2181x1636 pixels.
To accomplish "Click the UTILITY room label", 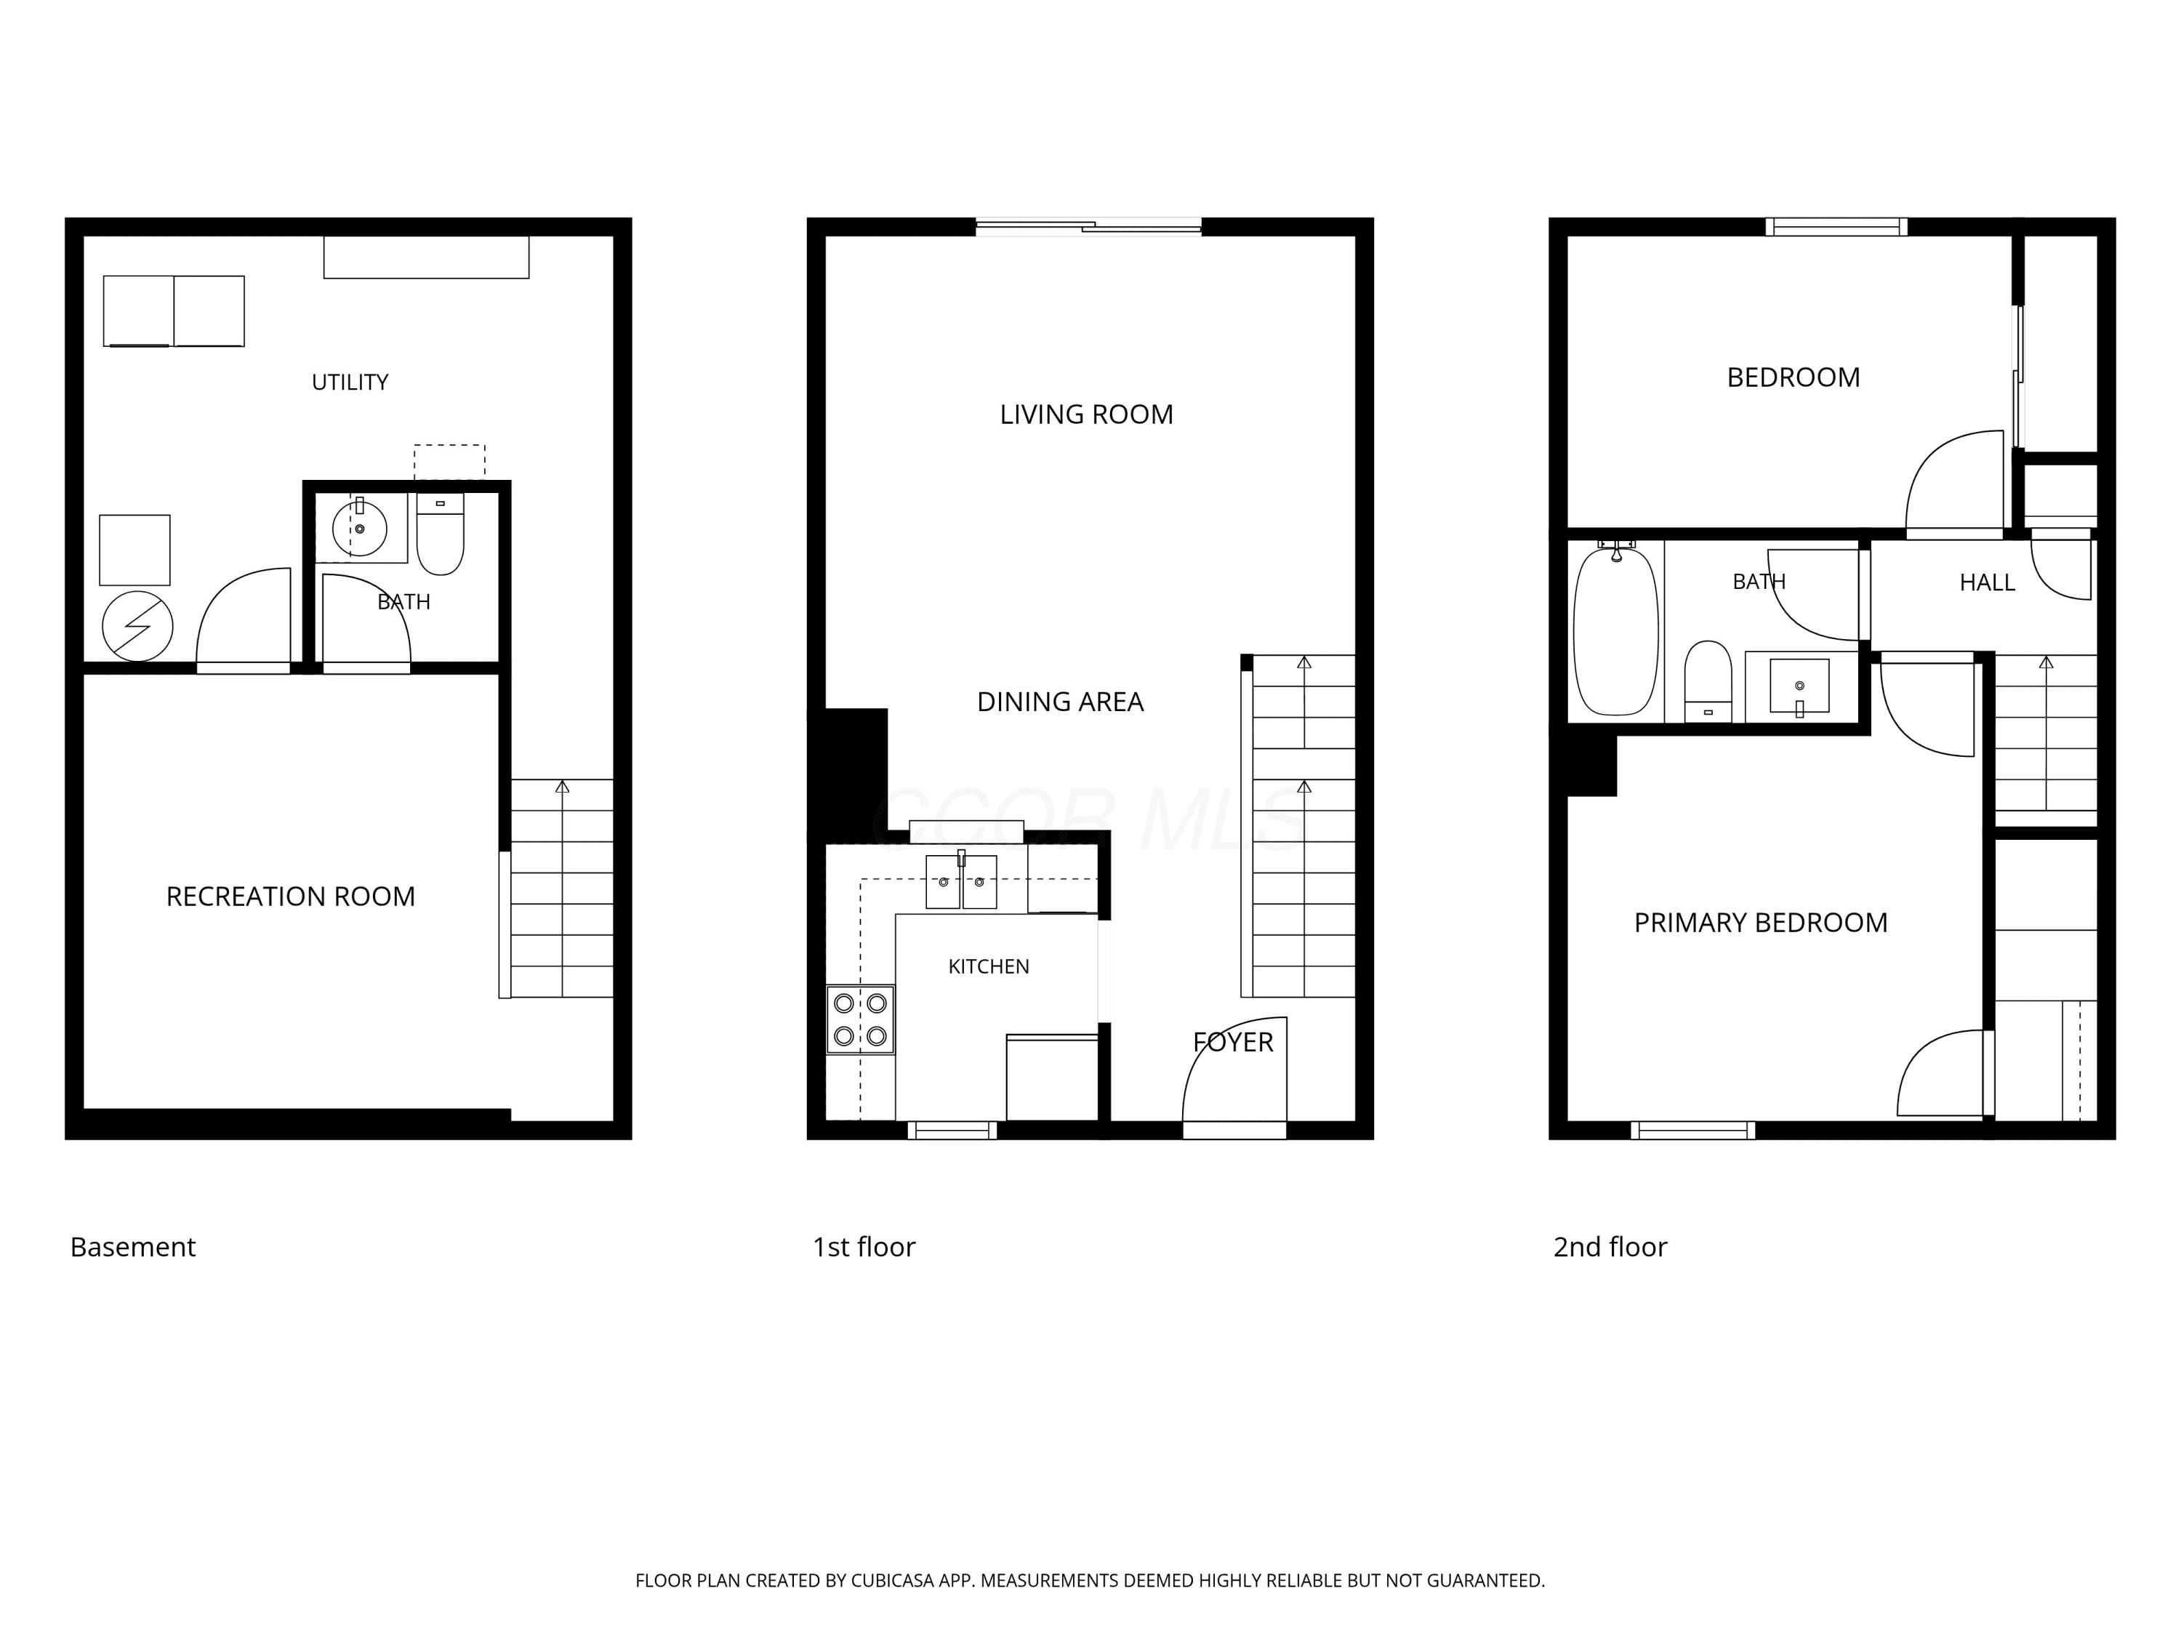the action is (350, 382).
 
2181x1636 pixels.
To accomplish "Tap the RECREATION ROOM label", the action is (291, 897).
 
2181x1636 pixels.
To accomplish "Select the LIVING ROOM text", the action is (1087, 414).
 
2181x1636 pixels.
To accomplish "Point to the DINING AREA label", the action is (1060, 702).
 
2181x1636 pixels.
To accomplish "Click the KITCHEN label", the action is (989, 966).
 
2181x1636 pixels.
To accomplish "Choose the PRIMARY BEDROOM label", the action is (1761, 923).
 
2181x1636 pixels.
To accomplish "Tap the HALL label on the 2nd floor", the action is (1987, 583).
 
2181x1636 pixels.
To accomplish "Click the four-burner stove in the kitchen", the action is (861, 1019).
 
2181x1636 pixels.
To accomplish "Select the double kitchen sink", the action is (961, 881).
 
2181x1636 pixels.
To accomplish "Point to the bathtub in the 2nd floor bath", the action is (1616, 631).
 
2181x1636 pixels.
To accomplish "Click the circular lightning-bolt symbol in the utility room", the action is (138, 626).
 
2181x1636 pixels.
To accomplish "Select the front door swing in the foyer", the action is (1234, 1070).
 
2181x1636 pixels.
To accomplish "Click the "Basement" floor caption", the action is (133, 1248).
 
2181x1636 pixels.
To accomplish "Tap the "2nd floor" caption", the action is (1610, 1248).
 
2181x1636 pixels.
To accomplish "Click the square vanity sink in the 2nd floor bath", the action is (1799, 686).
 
